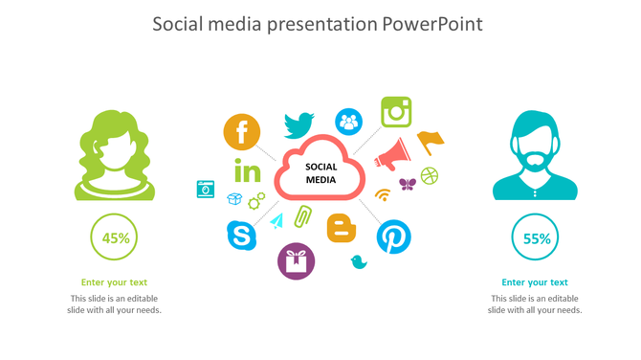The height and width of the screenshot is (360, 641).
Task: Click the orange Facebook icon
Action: click(242, 132)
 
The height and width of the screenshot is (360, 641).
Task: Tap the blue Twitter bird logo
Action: click(298, 124)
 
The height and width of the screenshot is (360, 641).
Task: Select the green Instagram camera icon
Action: click(396, 112)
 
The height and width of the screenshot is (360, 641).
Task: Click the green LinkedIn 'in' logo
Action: click(247, 172)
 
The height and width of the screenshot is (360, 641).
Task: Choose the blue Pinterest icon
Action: click(392, 236)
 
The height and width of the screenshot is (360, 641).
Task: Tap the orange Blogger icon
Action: click(342, 228)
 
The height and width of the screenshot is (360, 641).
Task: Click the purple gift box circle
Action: click(296, 260)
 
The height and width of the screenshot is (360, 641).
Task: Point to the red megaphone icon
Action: click(393, 153)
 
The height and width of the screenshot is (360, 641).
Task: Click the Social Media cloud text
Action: click(320, 172)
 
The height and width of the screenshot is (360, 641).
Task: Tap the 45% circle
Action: click(115, 238)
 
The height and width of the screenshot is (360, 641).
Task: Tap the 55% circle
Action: click(536, 238)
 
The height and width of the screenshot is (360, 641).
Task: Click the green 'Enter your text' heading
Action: click(115, 282)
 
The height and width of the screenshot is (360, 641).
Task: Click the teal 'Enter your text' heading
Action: click(535, 282)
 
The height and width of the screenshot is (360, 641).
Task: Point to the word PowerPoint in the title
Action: click(433, 23)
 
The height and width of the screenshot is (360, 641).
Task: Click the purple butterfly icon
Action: click(407, 184)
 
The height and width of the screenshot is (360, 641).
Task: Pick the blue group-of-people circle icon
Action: click(348, 122)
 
